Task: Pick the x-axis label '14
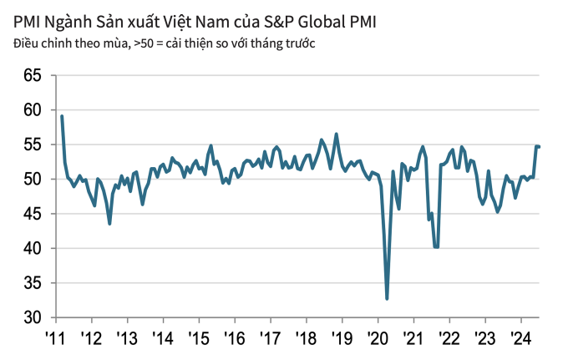[x=163, y=337]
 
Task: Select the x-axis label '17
[x=270, y=337]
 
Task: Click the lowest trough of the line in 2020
[x=387, y=298]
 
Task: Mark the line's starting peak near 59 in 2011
[x=62, y=116]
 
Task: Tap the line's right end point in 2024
[x=540, y=147]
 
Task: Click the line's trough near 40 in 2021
[x=436, y=247]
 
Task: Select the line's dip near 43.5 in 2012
[x=109, y=223]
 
